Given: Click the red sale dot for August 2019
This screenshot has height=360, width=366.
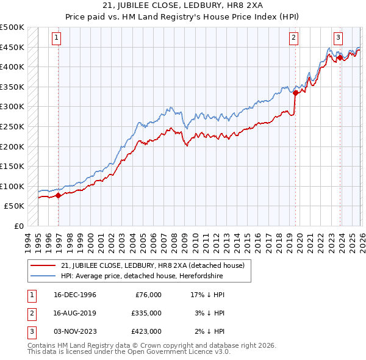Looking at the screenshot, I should [295, 93].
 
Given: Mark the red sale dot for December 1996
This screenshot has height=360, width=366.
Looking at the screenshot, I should [59, 196].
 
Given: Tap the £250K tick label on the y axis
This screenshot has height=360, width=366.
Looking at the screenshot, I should [12, 126].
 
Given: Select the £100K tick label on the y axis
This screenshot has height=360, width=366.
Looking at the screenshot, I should [12, 186].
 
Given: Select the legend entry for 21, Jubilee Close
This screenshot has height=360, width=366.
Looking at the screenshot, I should [152, 265].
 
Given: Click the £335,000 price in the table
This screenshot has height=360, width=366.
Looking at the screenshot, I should [146, 312].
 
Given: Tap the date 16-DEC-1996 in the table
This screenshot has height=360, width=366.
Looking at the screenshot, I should [75, 294].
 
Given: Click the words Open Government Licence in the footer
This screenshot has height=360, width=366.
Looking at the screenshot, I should [172, 351].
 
